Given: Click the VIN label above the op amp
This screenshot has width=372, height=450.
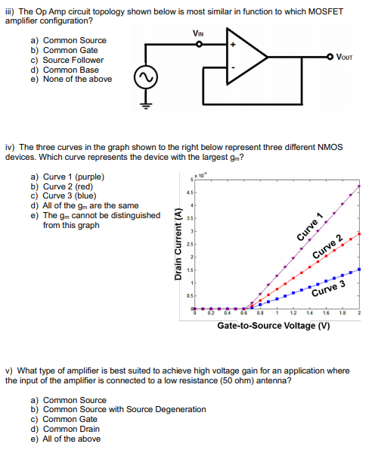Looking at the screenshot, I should (x=199, y=32).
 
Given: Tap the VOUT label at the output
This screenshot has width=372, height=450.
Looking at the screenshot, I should (x=343, y=56).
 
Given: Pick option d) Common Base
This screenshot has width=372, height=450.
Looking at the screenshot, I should (x=67, y=70).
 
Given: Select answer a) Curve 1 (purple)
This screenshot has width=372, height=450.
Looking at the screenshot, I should (x=67, y=177).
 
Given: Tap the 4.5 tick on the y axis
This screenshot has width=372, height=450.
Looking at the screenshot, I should (x=191, y=191).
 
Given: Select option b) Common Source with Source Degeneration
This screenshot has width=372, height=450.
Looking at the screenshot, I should (x=118, y=409).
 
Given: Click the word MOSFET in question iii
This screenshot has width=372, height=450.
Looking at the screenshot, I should (x=321, y=11).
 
